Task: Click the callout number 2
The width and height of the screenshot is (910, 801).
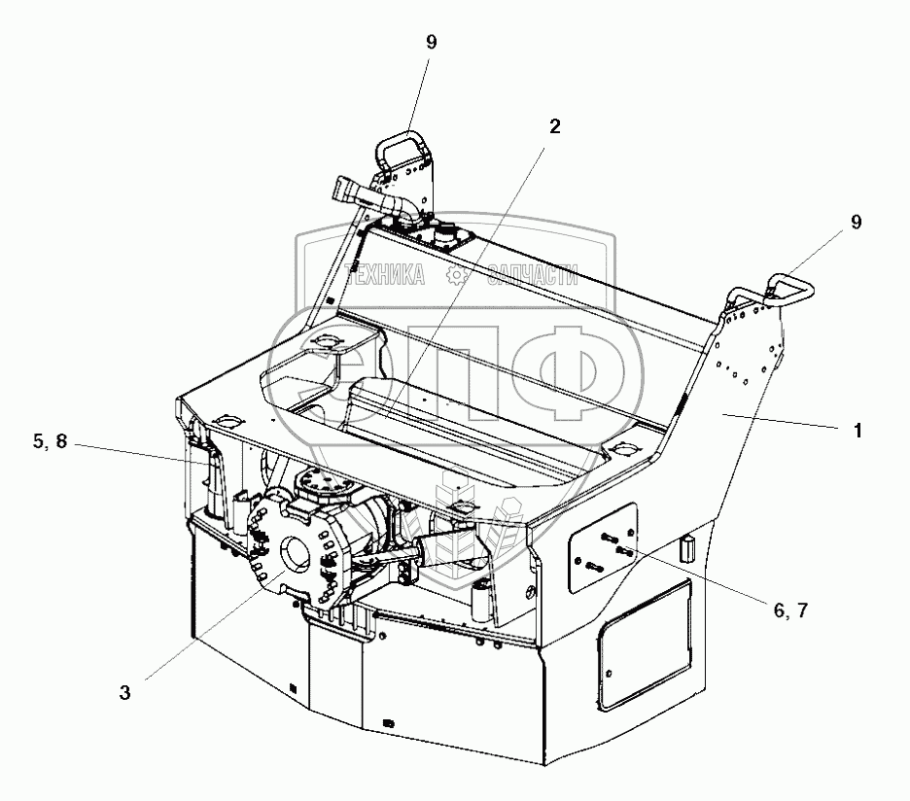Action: click(555, 127)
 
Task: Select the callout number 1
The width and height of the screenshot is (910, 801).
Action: click(857, 431)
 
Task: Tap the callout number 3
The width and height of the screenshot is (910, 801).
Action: click(125, 692)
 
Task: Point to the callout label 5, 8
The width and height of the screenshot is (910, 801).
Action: click(49, 442)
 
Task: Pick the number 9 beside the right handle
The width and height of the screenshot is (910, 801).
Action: click(856, 223)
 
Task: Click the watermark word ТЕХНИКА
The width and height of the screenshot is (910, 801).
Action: click(386, 276)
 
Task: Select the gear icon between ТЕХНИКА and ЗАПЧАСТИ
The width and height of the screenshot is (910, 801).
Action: click(455, 276)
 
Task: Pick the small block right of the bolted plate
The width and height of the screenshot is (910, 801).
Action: click(687, 548)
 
